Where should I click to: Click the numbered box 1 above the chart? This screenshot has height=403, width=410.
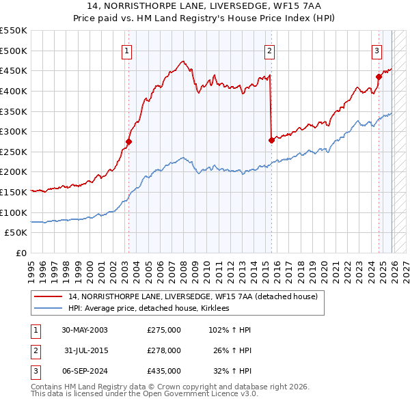point(128,51)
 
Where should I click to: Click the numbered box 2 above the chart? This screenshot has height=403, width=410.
point(270,51)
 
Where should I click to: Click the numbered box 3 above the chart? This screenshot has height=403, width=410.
point(377,51)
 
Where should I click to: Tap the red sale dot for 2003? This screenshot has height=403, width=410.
point(128,142)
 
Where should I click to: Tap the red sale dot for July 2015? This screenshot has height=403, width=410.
point(271,141)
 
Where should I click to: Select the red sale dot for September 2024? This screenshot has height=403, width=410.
point(378,77)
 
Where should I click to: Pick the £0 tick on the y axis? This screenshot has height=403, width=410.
point(21,253)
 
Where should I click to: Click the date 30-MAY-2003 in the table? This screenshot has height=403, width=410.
point(85,330)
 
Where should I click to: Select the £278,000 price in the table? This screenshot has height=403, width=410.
point(164,350)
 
